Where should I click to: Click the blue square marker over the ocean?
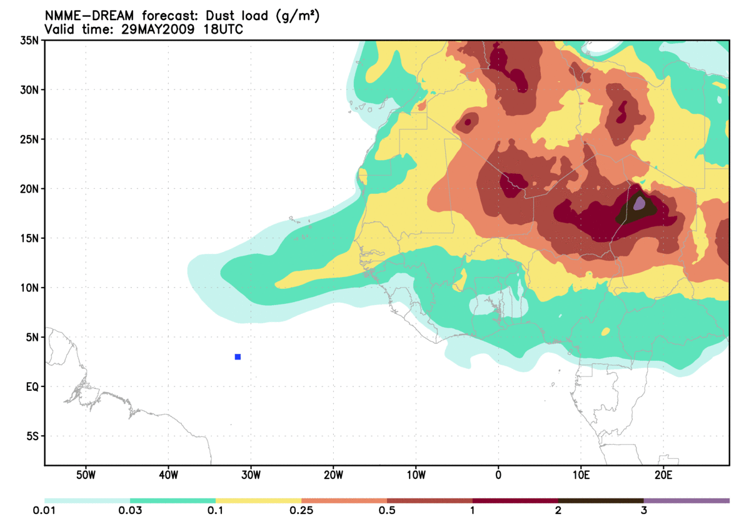pyautogui.click(x=238, y=356)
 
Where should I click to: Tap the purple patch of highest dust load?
pyautogui.click(x=639, y=203)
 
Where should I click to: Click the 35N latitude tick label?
pyautogui.click(x=29, y=41)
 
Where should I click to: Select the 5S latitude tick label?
pyautogui.click(x=32, y=436)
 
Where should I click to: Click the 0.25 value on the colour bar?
pyautogui.click(x=301, y=511)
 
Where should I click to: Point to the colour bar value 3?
pyautogui.click(x=643, y=511)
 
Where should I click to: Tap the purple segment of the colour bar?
pyautogui.click(x=686, y=500)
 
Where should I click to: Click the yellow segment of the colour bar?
pyautogui.click(x=258, y=500)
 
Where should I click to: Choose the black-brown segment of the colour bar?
pyautogui.click(x=600, y=500)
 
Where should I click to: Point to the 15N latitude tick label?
pyautogui.click(x=29, y=238)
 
